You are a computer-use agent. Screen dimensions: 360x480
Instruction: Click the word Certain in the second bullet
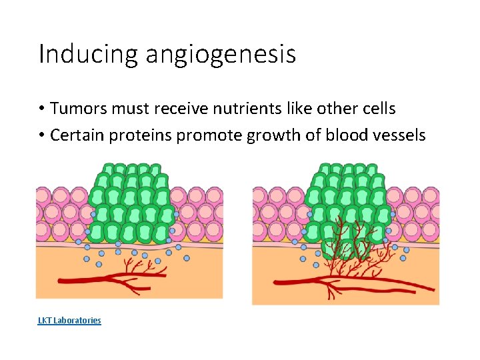coord(75,135)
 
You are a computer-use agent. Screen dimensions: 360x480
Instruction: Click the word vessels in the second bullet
coord(399,135)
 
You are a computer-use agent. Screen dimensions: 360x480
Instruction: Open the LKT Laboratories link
coord(69,321)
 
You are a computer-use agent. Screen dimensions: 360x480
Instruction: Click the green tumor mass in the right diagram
coord(347,200)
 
